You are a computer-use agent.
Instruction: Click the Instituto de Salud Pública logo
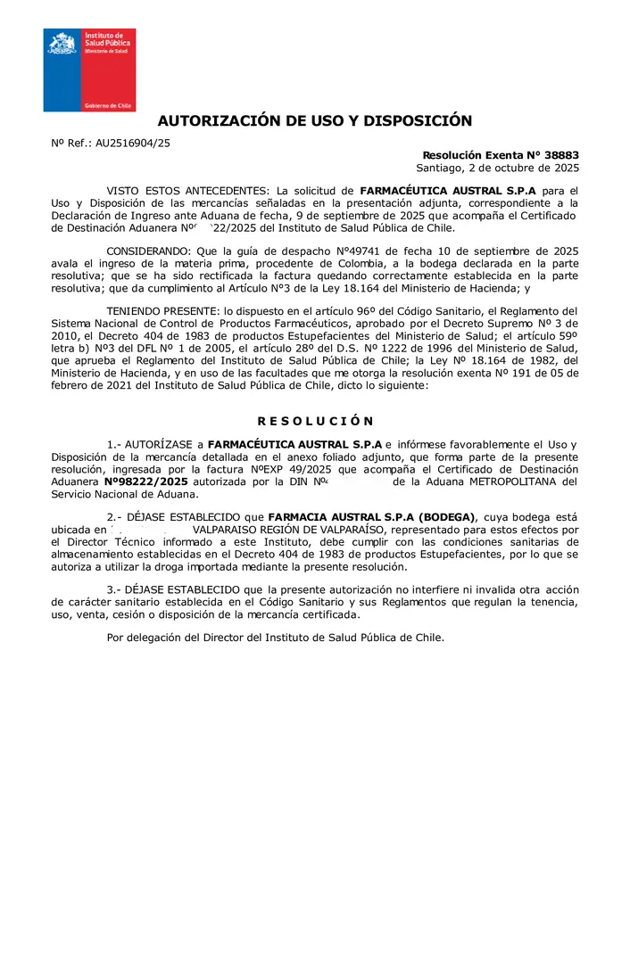(x=89, y=70)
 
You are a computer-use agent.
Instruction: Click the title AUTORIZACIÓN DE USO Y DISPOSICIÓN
(x=315, y=121)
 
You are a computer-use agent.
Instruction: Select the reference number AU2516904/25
(x=133, y=143)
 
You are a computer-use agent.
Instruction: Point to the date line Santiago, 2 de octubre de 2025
(x=497, y=168)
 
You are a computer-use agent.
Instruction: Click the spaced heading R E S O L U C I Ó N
(x=315, y=421)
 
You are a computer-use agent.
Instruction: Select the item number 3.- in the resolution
(x=114, y=589)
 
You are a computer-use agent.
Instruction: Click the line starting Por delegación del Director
(x=275, y=638)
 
